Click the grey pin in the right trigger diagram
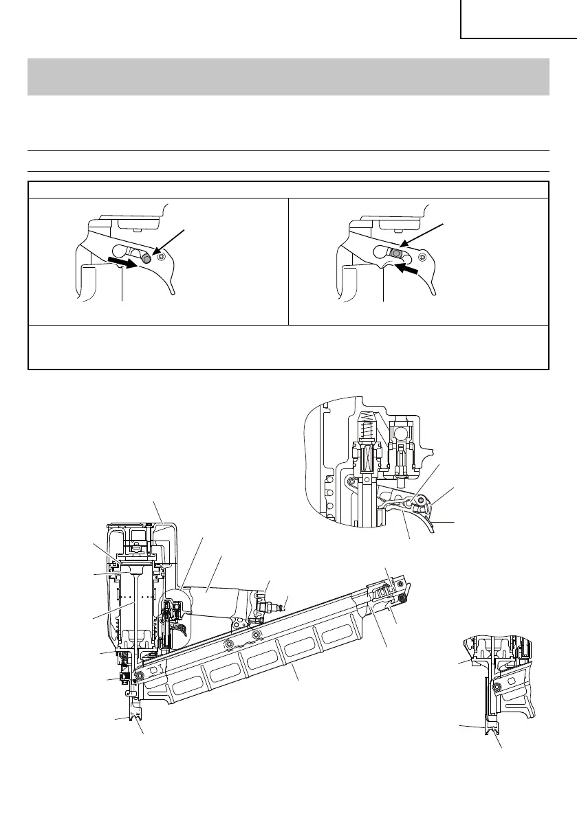point(396,253)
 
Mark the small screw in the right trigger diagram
point(422,257)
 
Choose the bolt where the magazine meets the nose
point(140,675)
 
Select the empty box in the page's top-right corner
point(518,19)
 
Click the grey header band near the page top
point(288,76)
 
